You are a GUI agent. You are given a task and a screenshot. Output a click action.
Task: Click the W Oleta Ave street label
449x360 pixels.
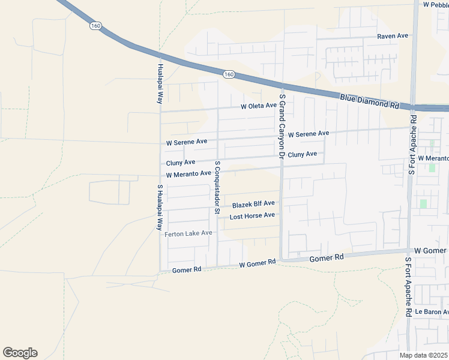tap(258, 106)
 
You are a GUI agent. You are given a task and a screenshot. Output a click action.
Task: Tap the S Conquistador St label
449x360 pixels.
tap(217, 187)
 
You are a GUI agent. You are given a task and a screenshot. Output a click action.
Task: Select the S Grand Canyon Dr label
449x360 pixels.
tap(282, 125)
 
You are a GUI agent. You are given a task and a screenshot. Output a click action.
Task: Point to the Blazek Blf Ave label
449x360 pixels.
tap(253, 205)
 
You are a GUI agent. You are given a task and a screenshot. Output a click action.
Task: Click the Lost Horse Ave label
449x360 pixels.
tap(252, 215)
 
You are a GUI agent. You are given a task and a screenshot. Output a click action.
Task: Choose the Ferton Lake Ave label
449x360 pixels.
tap(188, 233)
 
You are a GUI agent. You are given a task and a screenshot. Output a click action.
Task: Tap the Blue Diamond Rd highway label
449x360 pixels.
tap(369, 101)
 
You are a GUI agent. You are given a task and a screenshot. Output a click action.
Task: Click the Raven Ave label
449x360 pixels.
tap(393, 36)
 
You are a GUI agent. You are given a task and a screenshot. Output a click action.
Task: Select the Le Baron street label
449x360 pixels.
tap(431, 312)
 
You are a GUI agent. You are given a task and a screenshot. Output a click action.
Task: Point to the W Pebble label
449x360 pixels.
tap(435, 5)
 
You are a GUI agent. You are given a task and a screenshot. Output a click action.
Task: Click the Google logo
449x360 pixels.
tap(20, 353)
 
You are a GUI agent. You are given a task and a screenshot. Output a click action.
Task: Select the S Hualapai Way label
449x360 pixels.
tap(160, 208)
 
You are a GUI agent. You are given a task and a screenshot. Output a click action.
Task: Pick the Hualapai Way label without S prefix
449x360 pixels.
tap(160, 83)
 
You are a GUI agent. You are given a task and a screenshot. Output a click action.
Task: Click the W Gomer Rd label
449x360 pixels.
tap(257, 263)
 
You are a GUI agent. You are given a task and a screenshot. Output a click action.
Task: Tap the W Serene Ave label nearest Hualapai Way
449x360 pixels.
tap(187, 142)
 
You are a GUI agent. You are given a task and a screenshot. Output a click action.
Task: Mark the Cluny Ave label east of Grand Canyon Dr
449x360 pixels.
tap(302, 155)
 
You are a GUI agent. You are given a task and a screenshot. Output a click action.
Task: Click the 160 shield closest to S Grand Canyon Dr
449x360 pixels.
tap(228, 74)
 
